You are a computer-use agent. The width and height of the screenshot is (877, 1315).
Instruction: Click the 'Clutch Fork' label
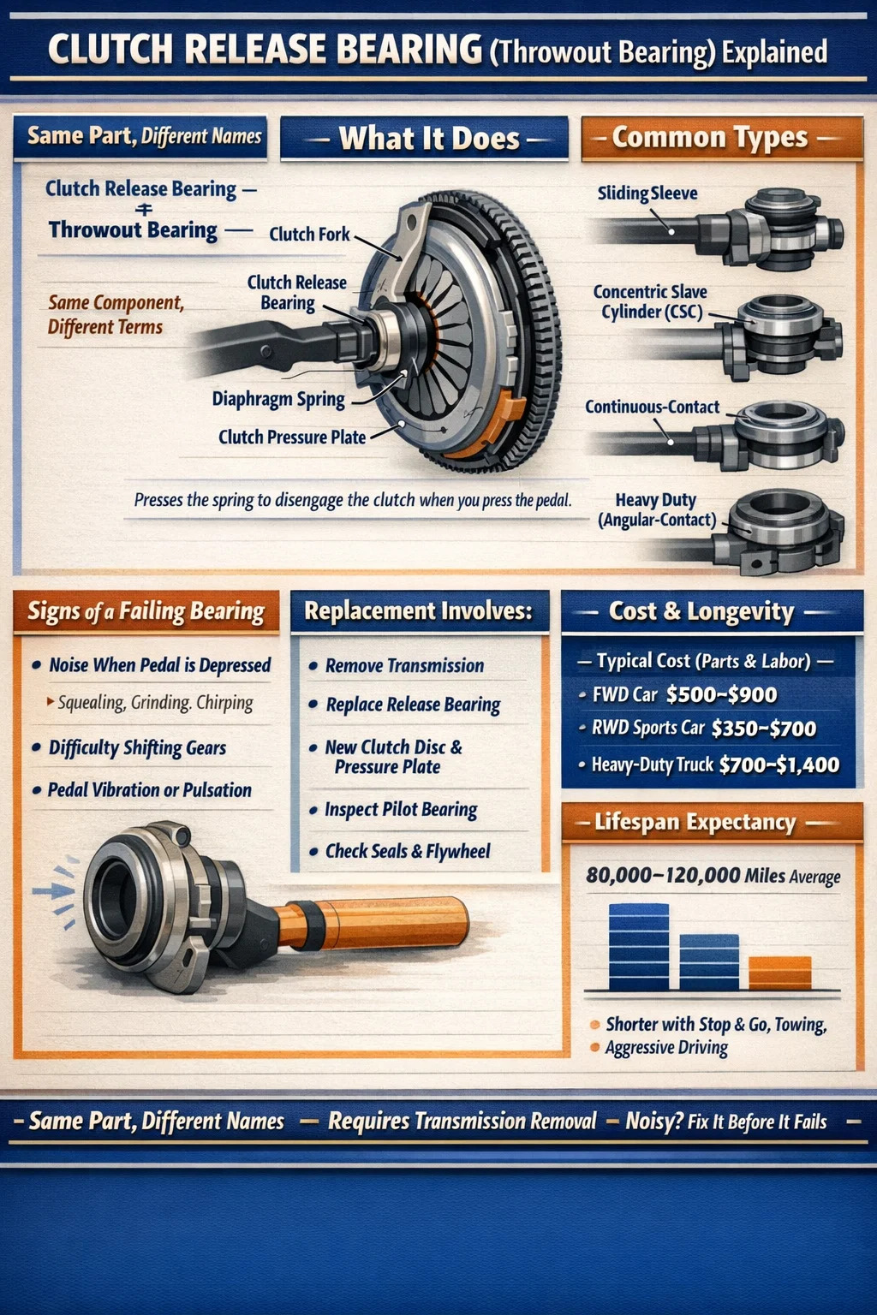(309, 235)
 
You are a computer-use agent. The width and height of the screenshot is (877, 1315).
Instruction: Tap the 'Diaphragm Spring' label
(278, 399)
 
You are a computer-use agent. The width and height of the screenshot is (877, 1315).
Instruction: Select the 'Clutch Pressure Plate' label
(292, 437)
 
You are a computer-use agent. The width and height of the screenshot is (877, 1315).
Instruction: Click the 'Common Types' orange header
(722, 139)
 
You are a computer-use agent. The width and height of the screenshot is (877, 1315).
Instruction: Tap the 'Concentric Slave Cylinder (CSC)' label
(650, 301)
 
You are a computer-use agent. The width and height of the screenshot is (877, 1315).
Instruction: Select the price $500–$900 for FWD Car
(721, 695)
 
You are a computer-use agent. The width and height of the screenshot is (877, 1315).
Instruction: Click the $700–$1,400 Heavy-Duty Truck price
(779, 765)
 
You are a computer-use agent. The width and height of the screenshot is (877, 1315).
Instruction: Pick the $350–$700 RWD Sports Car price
(764, 729)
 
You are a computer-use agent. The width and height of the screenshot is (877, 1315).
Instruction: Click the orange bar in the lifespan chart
(779, 973)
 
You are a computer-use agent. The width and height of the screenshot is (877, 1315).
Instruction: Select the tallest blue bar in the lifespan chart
(639, 947)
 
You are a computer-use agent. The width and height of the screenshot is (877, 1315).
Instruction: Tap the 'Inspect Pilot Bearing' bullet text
(401, 810)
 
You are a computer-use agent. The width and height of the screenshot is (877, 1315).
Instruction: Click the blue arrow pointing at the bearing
(53, 891)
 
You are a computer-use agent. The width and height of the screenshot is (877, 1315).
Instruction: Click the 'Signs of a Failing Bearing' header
(146, 612)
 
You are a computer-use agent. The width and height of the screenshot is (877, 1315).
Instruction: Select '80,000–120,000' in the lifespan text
(662, 875)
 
